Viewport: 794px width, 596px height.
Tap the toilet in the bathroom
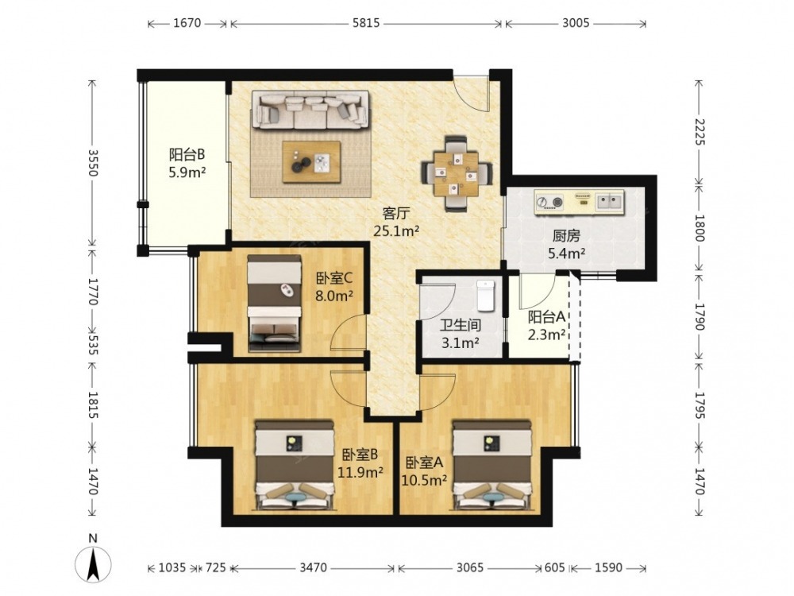486,295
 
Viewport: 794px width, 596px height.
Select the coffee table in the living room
311,161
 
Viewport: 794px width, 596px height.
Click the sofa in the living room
311,110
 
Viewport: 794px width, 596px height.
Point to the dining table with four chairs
457,172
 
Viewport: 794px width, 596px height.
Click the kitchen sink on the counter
609,201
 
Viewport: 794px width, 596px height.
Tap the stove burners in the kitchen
550,202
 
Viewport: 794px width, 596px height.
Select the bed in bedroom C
274,303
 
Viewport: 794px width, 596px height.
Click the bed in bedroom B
295,464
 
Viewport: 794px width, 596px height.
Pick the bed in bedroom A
491,464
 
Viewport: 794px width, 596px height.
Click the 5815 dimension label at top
366,23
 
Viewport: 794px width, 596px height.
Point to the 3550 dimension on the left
92,162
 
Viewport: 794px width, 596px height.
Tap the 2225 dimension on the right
699,131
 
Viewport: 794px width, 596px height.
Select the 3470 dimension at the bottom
313,567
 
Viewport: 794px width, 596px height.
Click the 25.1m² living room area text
396,231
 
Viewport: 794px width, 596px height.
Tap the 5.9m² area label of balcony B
187,172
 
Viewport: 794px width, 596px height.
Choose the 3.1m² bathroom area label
461,343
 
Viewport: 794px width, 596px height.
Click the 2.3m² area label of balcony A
547,335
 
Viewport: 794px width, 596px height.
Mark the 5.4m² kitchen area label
567,253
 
